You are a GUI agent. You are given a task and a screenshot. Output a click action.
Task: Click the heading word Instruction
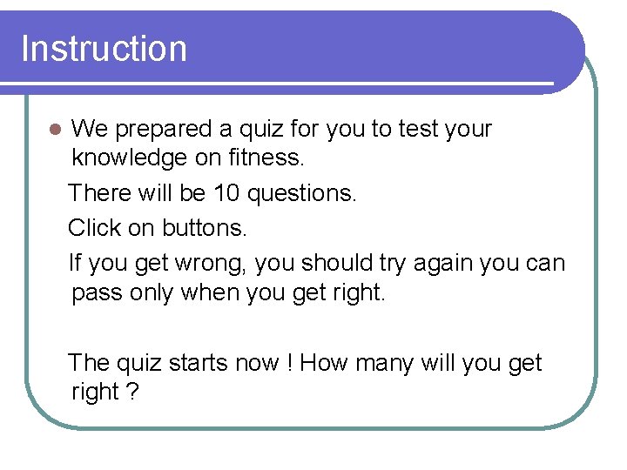point(104,49)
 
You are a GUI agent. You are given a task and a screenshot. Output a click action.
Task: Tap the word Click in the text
point(94,228)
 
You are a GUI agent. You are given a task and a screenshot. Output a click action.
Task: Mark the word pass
point(97,293)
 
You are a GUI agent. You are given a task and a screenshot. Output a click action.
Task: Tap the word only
point(152,293)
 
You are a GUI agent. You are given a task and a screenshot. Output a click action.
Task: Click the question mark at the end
point(132,393)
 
